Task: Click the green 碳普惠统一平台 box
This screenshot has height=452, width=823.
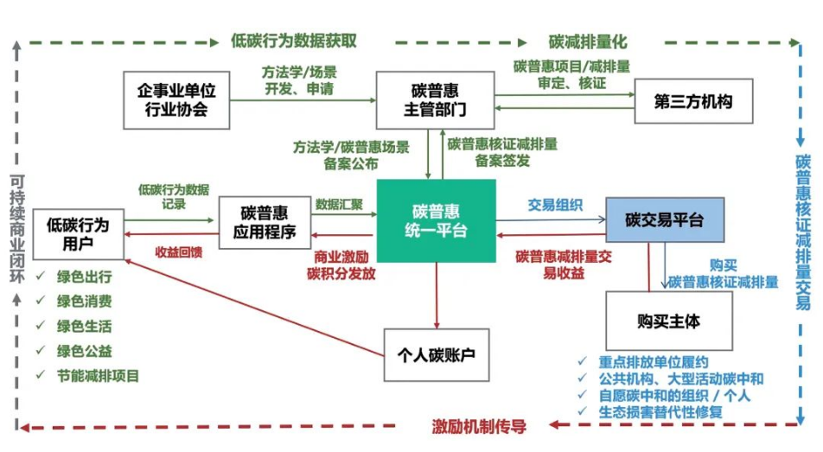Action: (437, 220)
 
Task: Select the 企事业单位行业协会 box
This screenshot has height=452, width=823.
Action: (177, 99)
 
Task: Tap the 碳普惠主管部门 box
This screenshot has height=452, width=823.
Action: (435, 99)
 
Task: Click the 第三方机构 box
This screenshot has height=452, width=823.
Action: (694, 101)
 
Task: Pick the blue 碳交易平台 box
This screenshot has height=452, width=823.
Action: (664, 220)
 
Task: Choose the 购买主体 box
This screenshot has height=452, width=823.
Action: (667, 321)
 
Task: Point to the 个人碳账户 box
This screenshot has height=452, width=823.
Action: (437, 354)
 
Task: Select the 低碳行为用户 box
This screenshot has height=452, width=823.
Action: (77, 233)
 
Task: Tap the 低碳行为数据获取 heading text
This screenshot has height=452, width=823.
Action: (294, 41)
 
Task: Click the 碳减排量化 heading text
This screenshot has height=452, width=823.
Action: (588, 41)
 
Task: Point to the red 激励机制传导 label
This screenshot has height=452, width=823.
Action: (480, 426)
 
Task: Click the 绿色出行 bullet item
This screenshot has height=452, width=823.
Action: (84, 279)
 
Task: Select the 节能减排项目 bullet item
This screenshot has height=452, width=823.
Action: (98, 376)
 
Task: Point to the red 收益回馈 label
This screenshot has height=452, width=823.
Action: (179, 252)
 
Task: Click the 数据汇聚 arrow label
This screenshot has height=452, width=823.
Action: (339, 206)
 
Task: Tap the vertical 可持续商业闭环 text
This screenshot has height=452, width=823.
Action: (16, 230)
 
